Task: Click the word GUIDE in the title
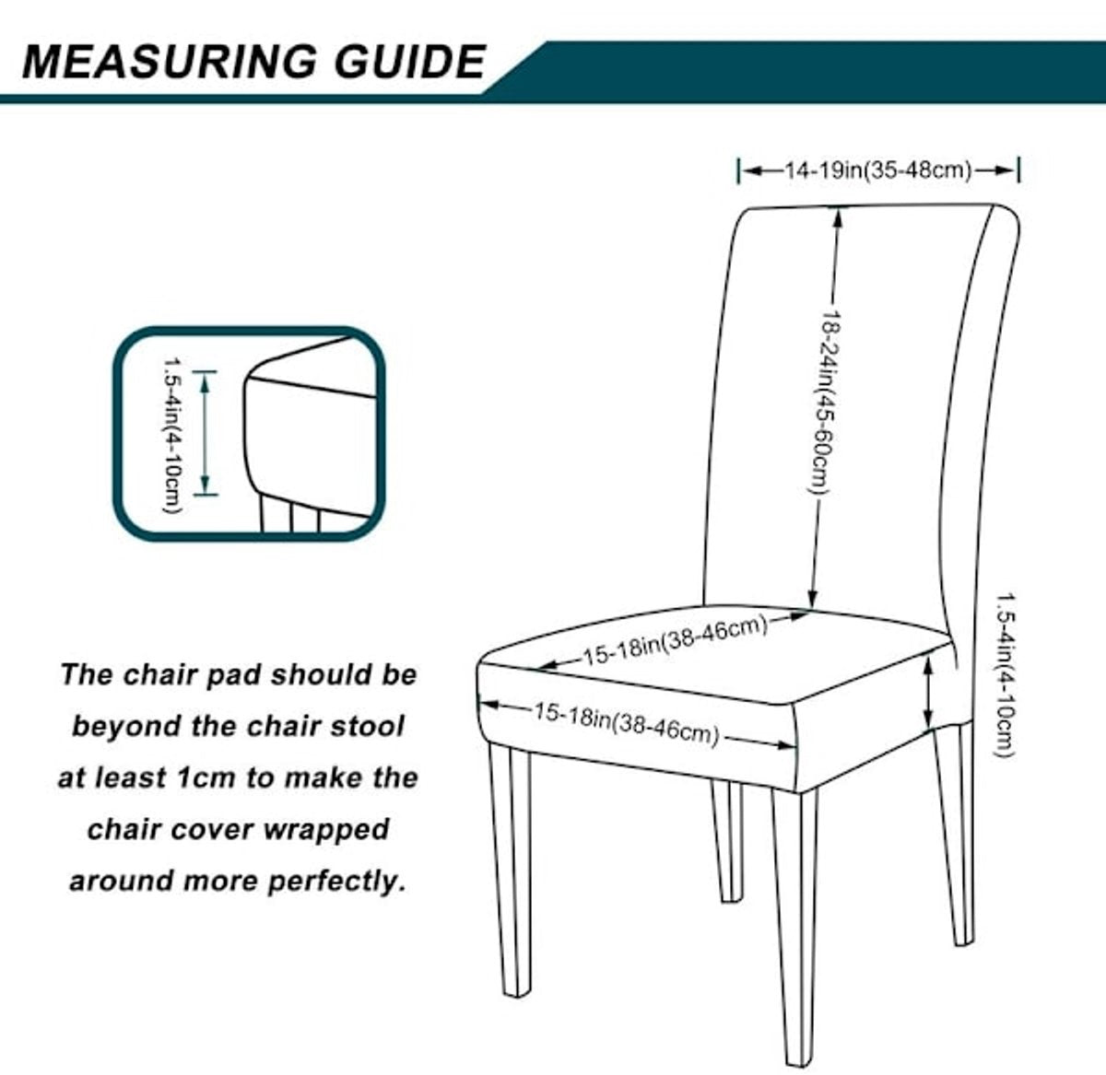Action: [406, 62]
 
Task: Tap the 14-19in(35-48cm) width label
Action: [878, 170]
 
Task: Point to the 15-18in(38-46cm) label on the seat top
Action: [674, 640]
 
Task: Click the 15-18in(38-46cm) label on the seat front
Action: [625, 723]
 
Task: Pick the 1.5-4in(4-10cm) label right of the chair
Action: [1003, 673]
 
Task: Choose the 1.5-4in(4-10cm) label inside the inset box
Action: [171, 435]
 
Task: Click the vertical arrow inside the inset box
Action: [206, 433]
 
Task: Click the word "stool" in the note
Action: [371, 726]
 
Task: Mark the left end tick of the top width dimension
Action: [739, 170]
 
